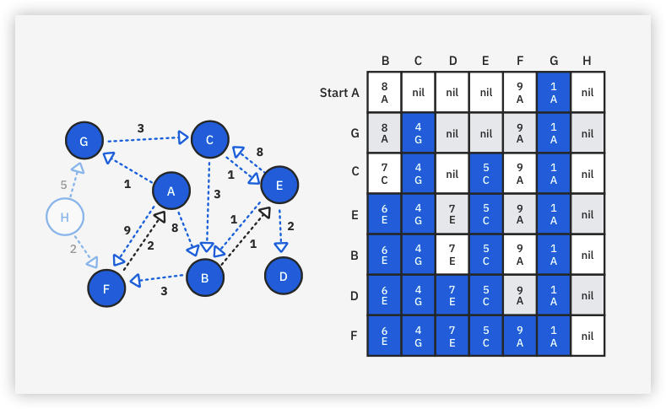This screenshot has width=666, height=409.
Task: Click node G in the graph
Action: click(x=84, y=141)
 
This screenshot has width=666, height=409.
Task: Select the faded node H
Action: click(x=64, y=218)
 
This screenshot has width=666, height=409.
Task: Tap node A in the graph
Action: click(x=171, y=191)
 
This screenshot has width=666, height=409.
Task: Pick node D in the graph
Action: click(x=284, y=276)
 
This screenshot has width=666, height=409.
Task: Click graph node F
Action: click(x=106, y=287)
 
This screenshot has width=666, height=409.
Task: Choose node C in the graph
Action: click(x=209, y=139)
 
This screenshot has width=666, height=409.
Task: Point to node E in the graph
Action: click(x=279, y=185)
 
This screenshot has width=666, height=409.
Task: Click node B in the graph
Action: click(x=204, y=277)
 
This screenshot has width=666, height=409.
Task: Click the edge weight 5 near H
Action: click(x=62, y=185)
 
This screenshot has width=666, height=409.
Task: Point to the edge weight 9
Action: click(x=127, y=229)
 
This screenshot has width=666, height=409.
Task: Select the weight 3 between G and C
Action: click(x=140, y=128)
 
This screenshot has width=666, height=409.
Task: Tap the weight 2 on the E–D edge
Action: click(x=290, y=226)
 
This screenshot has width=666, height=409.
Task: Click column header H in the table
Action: click(x=587, y=61)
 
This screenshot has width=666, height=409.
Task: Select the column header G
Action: click(x=553, y=61)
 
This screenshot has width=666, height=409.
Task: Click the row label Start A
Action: click(x=339, y=92)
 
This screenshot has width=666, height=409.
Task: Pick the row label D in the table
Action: click(x=355, y=294)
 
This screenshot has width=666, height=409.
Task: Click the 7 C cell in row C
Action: click(x=385, y=173)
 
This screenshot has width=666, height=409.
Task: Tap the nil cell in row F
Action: click(x=587, y=335)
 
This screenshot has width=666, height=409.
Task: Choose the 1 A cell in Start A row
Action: click(x=554, y=92)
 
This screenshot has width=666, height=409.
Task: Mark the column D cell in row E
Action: click(x=452, y=213)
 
